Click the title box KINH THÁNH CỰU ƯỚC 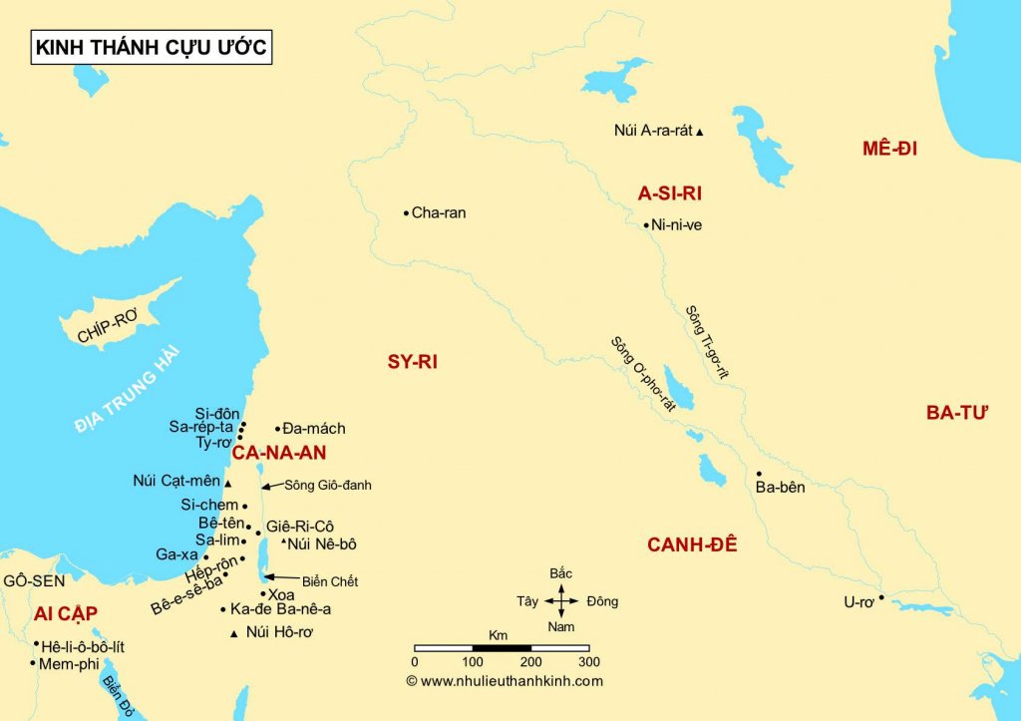[151, 47]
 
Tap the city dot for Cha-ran [406, 212]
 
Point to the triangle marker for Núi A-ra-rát [700, 132]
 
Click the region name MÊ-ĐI [889, 150]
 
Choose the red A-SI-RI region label [670, 194]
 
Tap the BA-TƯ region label [955, 413]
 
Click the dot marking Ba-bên [759, 474]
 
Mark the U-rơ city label [858, 602]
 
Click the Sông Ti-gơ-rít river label [707, 341]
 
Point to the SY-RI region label [413, 362]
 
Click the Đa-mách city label [315, 429]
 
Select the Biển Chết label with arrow [324, 581]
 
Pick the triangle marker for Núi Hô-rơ [233, 634]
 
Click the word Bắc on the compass [561, 573]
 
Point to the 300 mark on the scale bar [588, 661]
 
